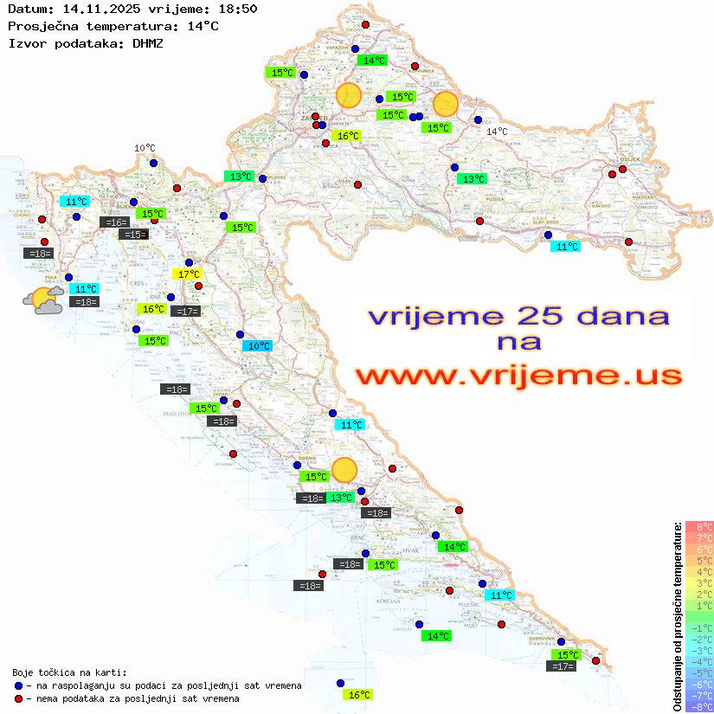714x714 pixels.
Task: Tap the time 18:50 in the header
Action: pyautogui.click(x=237, y=9)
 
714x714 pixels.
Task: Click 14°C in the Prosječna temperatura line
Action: pyautogui.click(x=203, y=26)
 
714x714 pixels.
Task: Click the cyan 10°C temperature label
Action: pyautogui.click(x=258, y=346)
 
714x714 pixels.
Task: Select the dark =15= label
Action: pyautogui.click(x=133, y=234)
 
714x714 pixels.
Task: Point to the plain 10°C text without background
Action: pyautogui.click(x=145, y=148)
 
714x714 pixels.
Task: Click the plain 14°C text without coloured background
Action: pyautogui.click(x=497, y=132)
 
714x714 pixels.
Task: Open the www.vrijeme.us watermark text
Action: pyautogui.click(x=518, y=376)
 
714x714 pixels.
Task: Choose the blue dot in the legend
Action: pyautogui.click(x=18, y=685)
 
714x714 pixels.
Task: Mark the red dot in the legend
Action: pyautogui.click(x=18, y=698)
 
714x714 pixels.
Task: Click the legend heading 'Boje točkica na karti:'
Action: pyautogui.click(x=69, y=672)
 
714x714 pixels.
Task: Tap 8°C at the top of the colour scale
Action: pyautogui.click(x=699, y=526)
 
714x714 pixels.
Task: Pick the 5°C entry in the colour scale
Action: pyautogui.click(x=699, y=560)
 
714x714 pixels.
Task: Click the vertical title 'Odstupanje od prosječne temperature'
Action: pyautogui.click(x=677, y=616)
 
